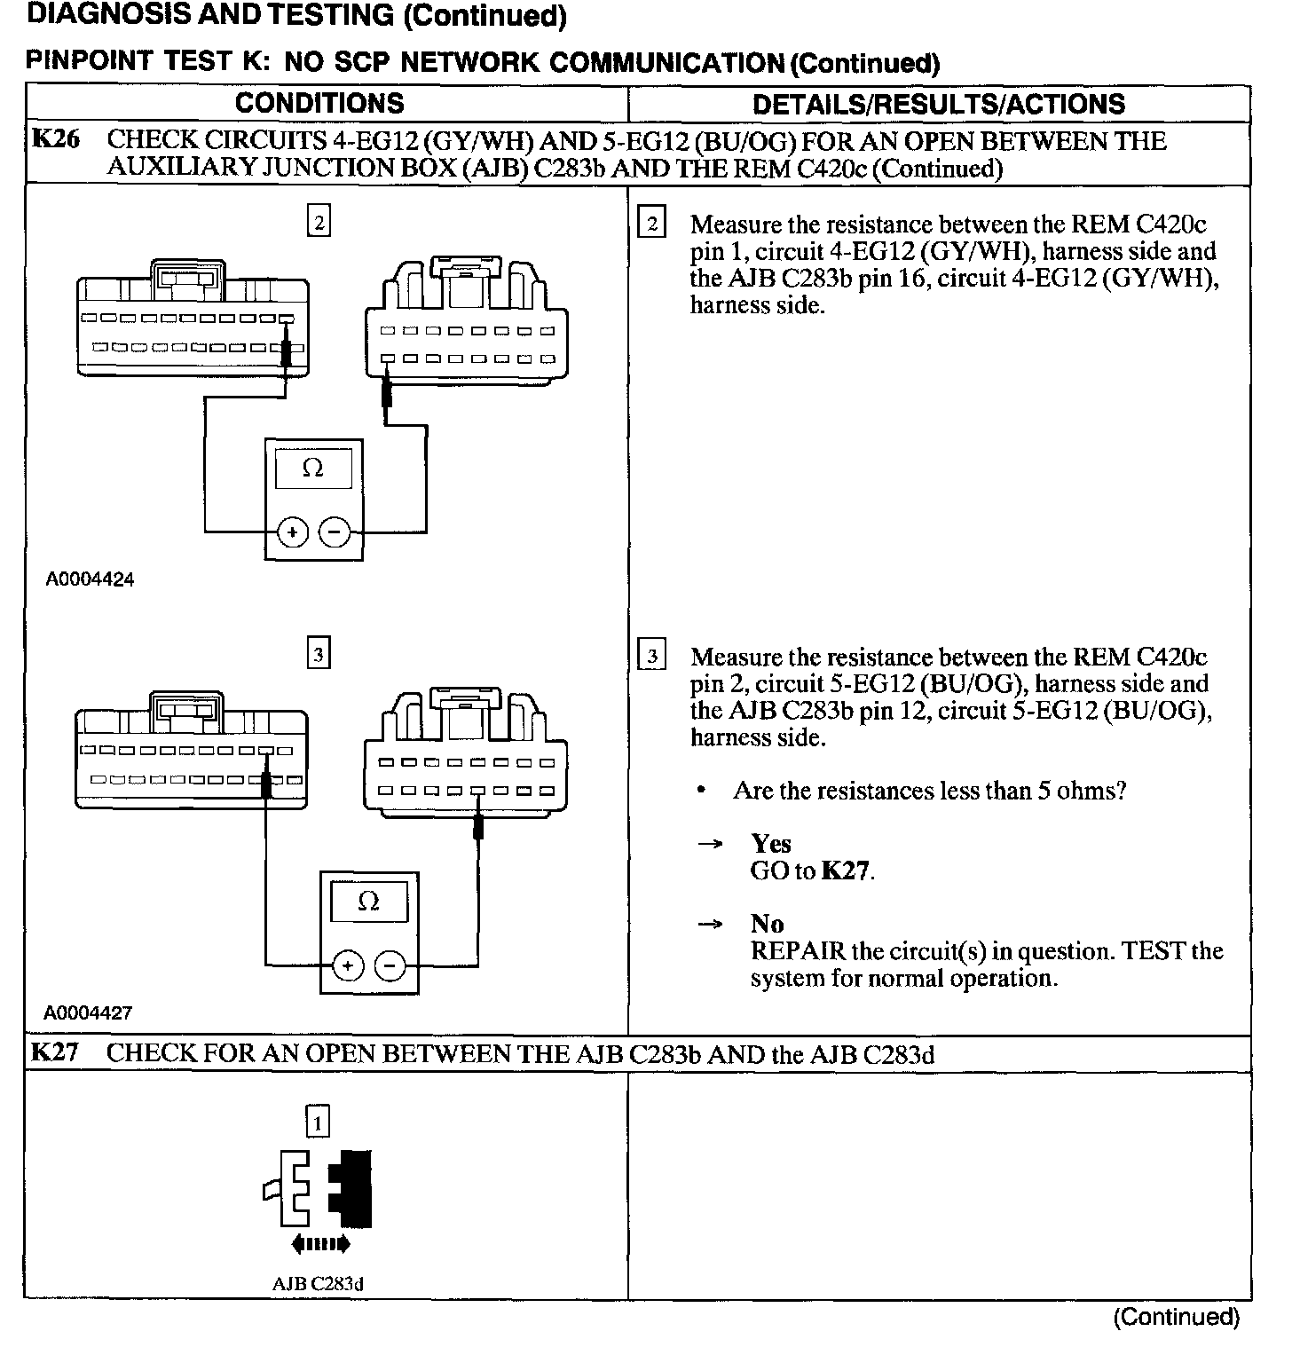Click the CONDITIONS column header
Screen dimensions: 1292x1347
(x=319, y=103)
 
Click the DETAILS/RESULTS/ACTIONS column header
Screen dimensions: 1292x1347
(x=939, y=104)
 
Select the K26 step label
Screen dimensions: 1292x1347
(x=55, y=140)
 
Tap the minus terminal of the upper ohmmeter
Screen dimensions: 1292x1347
(x=335, y=532)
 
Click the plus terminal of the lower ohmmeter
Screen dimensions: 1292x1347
(x=348, y=965)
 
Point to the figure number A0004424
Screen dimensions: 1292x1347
(x=91, y=579)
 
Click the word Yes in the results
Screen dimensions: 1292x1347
(x=770, y=843)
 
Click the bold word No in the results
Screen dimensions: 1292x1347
(x=767, y=924)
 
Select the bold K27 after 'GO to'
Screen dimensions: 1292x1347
(x=846, y=870)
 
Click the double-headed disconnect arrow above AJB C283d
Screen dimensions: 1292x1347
(x=320, y=1244)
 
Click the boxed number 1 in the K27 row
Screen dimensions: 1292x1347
(x=318, y=1122)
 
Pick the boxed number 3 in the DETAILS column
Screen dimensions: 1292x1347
(x=652, y=657)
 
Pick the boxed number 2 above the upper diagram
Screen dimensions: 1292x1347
(x=319, y=221)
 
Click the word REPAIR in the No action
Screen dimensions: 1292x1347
(x=798, y=951)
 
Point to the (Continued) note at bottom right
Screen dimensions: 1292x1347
(x=1176, y=1317)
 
